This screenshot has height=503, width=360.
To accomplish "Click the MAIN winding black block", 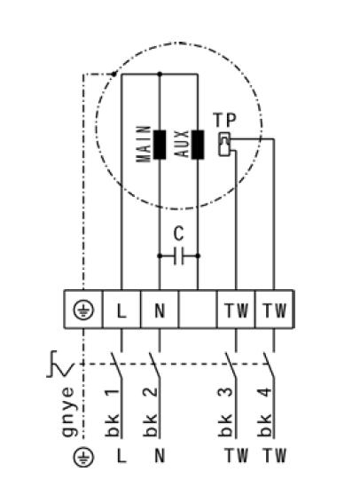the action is pyautogui.click(x=160, y=145).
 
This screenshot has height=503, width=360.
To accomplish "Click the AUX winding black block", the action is pyautogui.click(x=198, y=145).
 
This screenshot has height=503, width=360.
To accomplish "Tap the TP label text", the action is pyautogui.click(x=224, y=120).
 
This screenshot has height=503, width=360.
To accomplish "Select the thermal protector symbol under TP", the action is pyautogui.click(x=224, y=145).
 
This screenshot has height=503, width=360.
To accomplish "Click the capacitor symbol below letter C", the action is pyautogui.click(x=178, y=255).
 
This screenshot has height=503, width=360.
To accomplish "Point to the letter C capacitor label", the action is pyautogui.click(x=178, y=233).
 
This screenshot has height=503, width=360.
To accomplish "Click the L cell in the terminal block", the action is pyautogui.click(x=121, y=310).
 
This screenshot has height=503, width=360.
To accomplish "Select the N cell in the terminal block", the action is pyautogui.click(x=160, y=310).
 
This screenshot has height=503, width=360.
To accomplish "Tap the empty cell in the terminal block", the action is pyautogui.click(x=198, y=310).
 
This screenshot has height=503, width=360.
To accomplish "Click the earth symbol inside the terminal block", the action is pyautogui.click(x=83, y=310).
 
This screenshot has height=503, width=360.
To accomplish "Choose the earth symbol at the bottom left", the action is pyautogui.click(x=83, y=457).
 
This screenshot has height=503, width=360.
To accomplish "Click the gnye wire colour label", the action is pyautogui.click(x=68, y=412).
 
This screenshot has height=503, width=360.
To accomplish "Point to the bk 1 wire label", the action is pyautogui.click(x=113, y=413).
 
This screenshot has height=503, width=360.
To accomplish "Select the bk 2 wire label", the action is pyautogui.click(x=150, y=413).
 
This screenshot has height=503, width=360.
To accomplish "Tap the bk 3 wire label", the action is pyautogui.click(x=225, y=413).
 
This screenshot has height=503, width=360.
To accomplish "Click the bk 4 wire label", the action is pyautogui.click(x=264, y=413).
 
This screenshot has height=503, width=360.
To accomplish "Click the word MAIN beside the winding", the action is pyautogui.click(x=144, y=144).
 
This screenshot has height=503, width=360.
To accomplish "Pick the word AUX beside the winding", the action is pyautogui.click(x=182, y=144).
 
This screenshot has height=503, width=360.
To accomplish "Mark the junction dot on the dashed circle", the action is pyautogui.click(x=113, y=75).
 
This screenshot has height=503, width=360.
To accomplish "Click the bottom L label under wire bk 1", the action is pyautogui.click(x=121, y=456).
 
